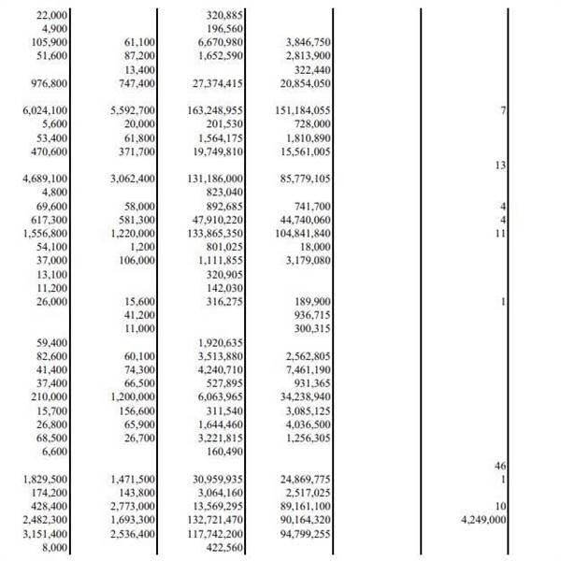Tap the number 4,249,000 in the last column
tap(483, 519)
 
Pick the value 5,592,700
tap(133, 110)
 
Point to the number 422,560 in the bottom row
tap(224, 546)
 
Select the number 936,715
tap(312, 315)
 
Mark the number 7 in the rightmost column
tap(503, 110)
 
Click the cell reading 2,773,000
tap(133, 505)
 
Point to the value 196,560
tap(224, 29)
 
